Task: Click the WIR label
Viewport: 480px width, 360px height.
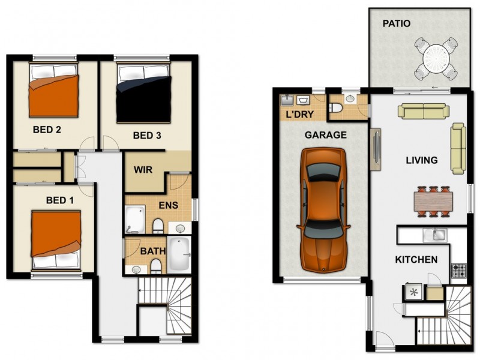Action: tap(142, 170)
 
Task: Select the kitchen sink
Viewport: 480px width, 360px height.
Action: tap(433, 235)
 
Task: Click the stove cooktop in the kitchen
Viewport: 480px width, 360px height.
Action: tap(459, 270)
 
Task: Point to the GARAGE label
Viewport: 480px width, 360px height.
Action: tap(325, 135)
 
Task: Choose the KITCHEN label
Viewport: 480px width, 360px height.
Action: tap(416, 260)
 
